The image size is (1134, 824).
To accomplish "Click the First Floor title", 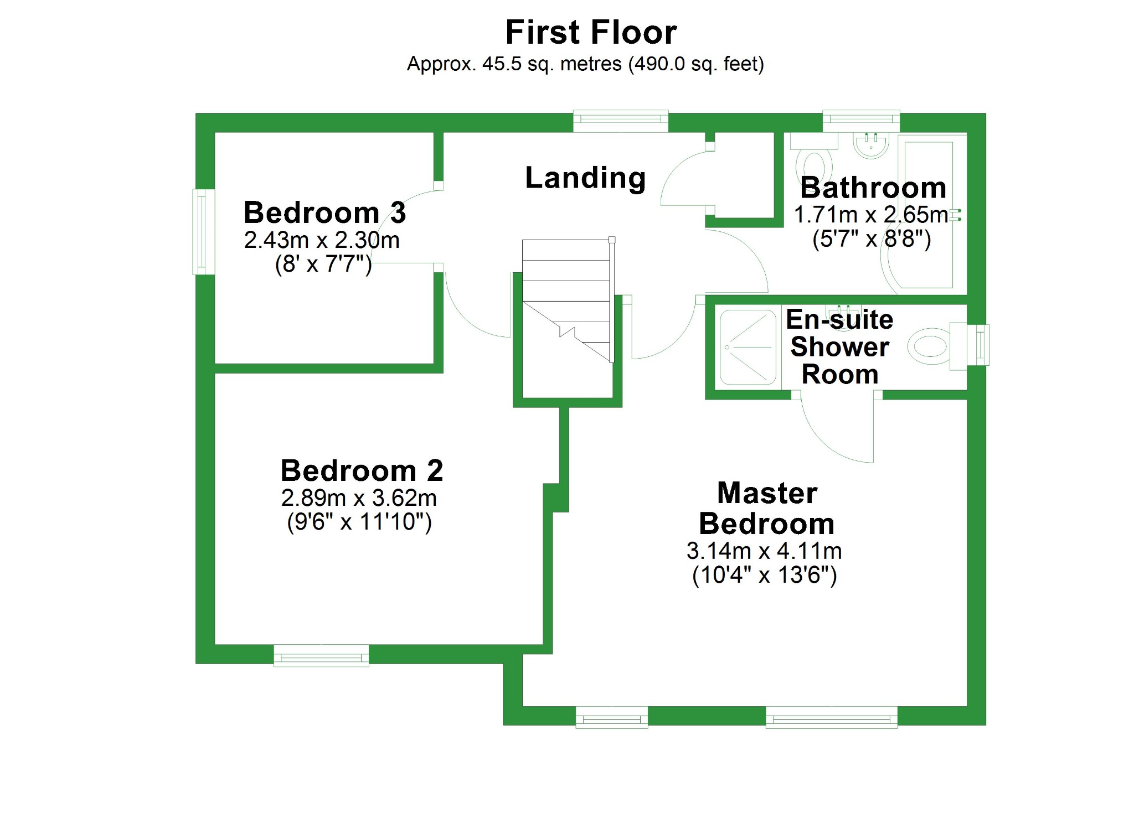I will (x=591, y=32).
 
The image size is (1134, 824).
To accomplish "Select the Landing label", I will (x=585, y=178).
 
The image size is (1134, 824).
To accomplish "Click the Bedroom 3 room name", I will (x=324, y=213).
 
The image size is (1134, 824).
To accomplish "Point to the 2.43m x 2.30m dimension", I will (x=322, y=240).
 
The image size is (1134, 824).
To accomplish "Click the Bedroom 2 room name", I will (x=362, y=471).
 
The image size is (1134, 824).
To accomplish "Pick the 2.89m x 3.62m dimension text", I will (x=359, y=498).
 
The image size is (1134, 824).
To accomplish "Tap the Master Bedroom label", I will (x=767, y=508).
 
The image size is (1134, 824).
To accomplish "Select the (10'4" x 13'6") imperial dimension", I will (x=764, y=576).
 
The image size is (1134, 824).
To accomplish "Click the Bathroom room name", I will (x=873, y=188).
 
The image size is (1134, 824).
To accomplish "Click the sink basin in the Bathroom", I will (x=870, y=145).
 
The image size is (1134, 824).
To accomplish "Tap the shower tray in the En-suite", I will (x=748, y=348).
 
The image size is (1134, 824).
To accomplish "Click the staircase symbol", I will (x=568, y=302).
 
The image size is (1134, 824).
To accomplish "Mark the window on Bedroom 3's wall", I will (x=203, y=232).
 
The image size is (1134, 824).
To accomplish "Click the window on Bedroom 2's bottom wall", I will (x=321, y=655).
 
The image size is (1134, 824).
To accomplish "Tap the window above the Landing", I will (x=620, y=121).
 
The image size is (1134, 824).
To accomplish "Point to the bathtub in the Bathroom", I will (x=929, y=216).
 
